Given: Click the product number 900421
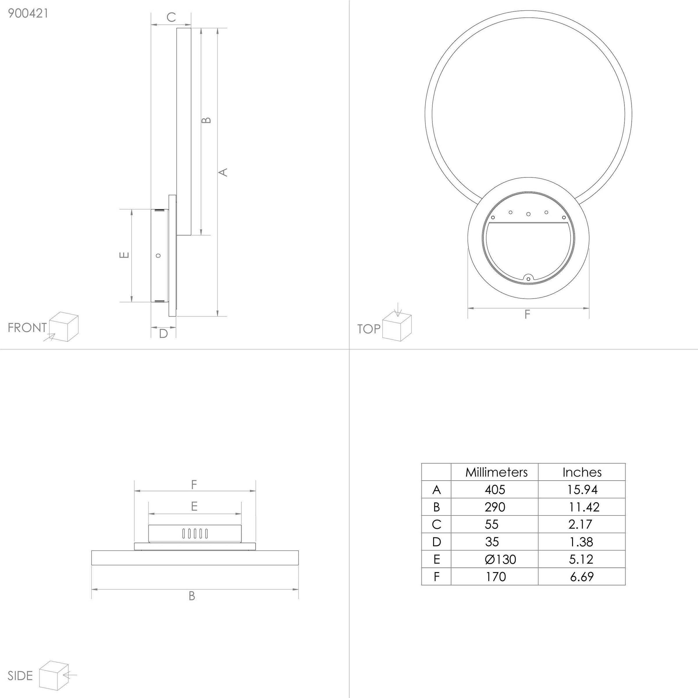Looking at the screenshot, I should click(28, 13).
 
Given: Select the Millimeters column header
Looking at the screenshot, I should click(496, 472).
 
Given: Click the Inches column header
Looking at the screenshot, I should click(582, 472).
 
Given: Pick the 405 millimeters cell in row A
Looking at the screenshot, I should click(495, 489).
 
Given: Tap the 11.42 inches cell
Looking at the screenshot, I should click(584, 507).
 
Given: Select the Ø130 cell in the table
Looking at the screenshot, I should click(500, 560).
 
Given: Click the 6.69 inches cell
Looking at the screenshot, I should click(582, 577).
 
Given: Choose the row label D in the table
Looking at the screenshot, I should click(437, 542).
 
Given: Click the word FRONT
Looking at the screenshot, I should click(27, 328).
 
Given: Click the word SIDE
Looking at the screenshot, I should click(20, 676).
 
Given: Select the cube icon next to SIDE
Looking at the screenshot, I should click(54, 675).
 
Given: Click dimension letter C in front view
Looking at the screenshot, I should click(171, 17).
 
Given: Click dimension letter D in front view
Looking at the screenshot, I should click(163, 334).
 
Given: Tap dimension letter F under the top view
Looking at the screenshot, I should click(527, 315).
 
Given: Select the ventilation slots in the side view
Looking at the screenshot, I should click(195, 534).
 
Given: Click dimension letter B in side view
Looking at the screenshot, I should click(192, 596).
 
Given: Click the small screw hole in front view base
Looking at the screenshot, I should click(158, 255).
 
